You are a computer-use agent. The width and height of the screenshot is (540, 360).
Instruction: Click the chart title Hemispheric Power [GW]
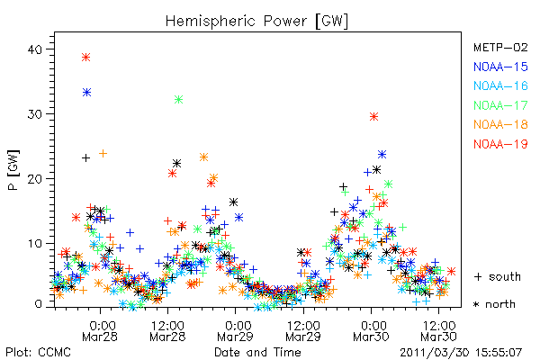pyautogui.click(x=256, y=21)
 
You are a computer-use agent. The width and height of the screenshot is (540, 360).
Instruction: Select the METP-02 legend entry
pyautogui.click(x=500, y=47)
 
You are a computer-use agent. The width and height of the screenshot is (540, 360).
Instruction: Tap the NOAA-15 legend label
pyautogui.click(x=500, y=67)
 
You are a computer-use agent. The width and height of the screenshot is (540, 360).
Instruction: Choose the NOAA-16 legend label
pyautogui.click(x=500, y=85)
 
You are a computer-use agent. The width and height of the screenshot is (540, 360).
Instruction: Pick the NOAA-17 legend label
pyautogui.click(x=500, y=105)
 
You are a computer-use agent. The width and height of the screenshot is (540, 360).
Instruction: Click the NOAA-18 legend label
pyautogui.click(x=500, y=124)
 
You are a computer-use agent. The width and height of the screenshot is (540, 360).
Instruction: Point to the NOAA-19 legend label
pyautogui.click(x=500, y=144)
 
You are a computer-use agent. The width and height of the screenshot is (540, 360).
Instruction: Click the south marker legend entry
pyautogui.click(x=498, y=276)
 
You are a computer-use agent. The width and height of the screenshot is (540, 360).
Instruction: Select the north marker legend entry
pyautogui.click(x=494, y=304)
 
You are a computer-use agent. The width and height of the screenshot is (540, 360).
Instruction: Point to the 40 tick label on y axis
pyautogui.click(x=35, y=49)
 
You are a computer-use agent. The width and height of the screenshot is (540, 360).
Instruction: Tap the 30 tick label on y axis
pyautogui.click(x=35, y=114)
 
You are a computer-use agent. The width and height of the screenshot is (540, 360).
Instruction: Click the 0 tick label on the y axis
pyautogui.click(x=39, y=304)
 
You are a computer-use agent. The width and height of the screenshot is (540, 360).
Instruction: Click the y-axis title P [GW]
pyautogui.click(x=13, y=170)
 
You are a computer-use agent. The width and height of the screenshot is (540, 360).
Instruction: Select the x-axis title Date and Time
pyautogui.click(x=257, y=353)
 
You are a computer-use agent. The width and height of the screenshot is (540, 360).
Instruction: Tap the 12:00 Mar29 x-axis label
pyautogui.click(x=303, y=331)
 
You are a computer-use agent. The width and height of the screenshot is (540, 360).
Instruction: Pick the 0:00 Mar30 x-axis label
pyautogui.click(x=371, y=331)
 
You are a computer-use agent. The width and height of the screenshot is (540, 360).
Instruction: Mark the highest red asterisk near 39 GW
pyautogui.click(x=86, y=58)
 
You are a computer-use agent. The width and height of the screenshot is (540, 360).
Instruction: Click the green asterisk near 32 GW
pyautogui.click(x=178, y=100)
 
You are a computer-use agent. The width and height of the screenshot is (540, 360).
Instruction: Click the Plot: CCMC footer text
pyautogui.click(x=38, y=353)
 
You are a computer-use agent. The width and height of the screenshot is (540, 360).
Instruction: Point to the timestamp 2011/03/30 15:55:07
pyautogui.click(x=461, y=353)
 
